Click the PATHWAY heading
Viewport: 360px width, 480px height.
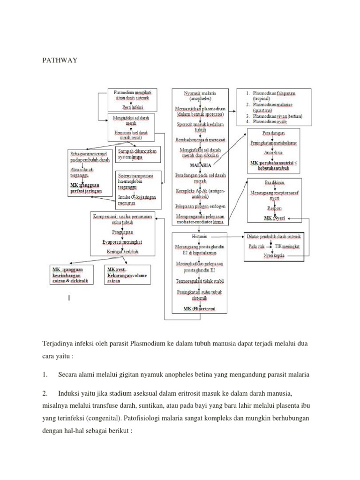(59, 60)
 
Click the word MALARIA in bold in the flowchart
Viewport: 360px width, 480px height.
(200, 165)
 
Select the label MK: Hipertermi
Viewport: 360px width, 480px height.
(200, 309)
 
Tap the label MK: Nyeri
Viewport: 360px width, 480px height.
(275, 218)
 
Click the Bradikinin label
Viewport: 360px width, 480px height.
(275, 182)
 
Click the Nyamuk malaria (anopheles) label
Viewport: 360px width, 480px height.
(200, 97)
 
